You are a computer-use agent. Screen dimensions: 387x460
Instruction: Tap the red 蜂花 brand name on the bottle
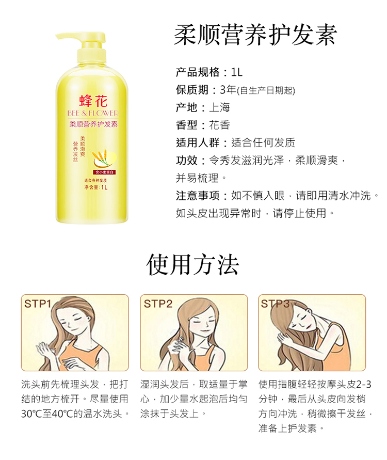pos(93,101)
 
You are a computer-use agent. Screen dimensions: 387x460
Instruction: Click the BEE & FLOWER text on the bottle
pos(93,113)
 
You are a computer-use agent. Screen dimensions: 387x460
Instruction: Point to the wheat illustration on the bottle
pos(101,157)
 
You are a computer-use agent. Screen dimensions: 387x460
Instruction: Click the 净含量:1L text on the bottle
pos(96,187)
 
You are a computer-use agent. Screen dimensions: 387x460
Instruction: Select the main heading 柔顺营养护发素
pos(255,35)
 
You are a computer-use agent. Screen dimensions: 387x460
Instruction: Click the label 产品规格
pos(198,72)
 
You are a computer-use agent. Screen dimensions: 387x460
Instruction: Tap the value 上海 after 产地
pos(219,108)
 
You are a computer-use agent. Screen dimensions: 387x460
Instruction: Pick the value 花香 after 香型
pos(219,125)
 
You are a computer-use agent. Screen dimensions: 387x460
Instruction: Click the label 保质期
pos(192,90)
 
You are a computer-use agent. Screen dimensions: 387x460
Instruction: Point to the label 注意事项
pos(198,196)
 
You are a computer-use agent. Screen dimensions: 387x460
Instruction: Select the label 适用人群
pos(198,143)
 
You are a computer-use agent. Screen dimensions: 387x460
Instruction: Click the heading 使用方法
pos(192,265)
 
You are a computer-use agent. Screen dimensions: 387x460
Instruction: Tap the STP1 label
pos(38,304)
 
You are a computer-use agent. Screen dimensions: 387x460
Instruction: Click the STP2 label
pos(158,304)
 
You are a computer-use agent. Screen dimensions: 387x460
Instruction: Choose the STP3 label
pos(276,304)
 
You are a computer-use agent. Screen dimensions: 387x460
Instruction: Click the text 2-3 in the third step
pos(364,384)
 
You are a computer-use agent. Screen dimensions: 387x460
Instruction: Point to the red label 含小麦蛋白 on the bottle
pos(104,172)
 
